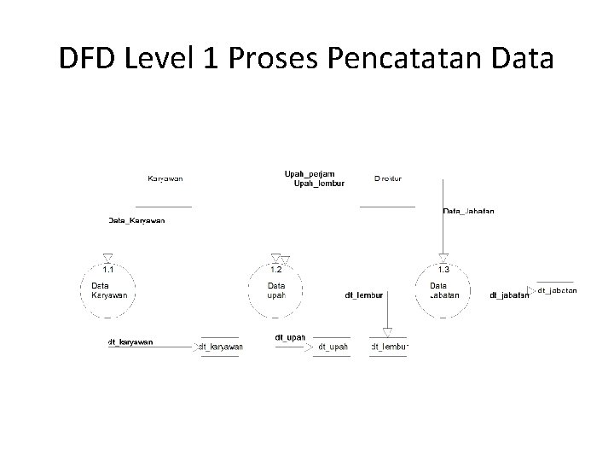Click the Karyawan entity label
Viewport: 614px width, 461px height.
[x=165, y=178]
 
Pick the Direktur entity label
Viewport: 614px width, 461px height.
[x=388, y=178]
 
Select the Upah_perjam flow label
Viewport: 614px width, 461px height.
[x=304, y=174]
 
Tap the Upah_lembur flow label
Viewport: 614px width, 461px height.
[x=318, y=183]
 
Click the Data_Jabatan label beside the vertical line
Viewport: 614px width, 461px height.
[x=469, y=211]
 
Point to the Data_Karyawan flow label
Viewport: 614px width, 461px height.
[x=136, y=220]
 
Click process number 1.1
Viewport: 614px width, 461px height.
[x=109, y=270]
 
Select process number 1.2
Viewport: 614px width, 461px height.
[x=275, y=270]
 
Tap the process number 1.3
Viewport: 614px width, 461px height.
[x=444, y=270]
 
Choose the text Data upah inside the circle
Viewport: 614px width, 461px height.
[x=276, y=290]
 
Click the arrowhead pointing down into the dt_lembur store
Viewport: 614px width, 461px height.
[x=387, y=333]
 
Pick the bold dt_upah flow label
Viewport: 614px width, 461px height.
[x=290, y=337]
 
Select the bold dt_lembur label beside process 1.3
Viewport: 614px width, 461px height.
[x=364, y=295]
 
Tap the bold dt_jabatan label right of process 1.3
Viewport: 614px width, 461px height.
[x=509, y=295]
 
